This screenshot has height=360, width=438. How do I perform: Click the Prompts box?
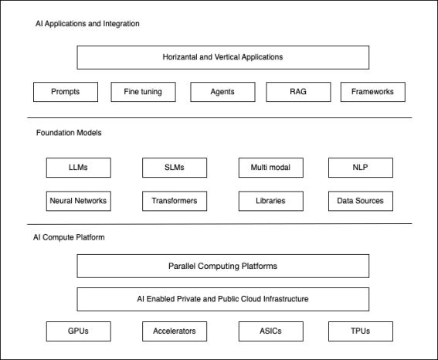pyautogui.click(x=66, y=92)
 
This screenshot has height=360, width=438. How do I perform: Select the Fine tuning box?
pyautogui.click(x=144, y=92)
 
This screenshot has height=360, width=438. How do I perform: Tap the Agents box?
pyautogui.click(x=222, y=92)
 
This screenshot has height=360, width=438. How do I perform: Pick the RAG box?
pyautogui.click(x=298, y=92)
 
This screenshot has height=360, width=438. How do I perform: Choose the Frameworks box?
pyautogui.click(x=373, y=92)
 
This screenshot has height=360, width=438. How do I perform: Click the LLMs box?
pyautogui.click(x=79, y=168)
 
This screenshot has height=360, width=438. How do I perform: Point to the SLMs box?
pyautogui.click(x=175, y=168)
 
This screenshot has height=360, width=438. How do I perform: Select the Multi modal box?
pyautogui.click(x=271, y=168)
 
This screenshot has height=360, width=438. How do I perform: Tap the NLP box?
pyautogui.click(x=361, y=168)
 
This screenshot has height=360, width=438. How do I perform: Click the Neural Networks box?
pyautogui.click(x=79, y=201)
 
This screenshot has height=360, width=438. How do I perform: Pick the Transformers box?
pyautogui.click(x=175, y=201)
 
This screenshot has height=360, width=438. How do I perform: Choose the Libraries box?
pyautogui.click(x=271, y=201)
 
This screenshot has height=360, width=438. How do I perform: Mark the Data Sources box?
pyautogui.click(x=361, y=201)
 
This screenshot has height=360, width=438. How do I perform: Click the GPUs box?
pyautogui.click(x=79, y=331)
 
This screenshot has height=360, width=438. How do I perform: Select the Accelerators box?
pyautogui.click(x=175, y=331)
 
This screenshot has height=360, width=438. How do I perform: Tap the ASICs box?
pyautogui.click(x=271, y=331)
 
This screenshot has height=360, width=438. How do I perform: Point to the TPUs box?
pyautogui.click(x=361, y=331)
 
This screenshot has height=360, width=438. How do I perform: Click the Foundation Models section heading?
pyautogui.click(x=69, y=133)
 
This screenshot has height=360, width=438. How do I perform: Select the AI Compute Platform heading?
pyautogui.click(x=69, y=237)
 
